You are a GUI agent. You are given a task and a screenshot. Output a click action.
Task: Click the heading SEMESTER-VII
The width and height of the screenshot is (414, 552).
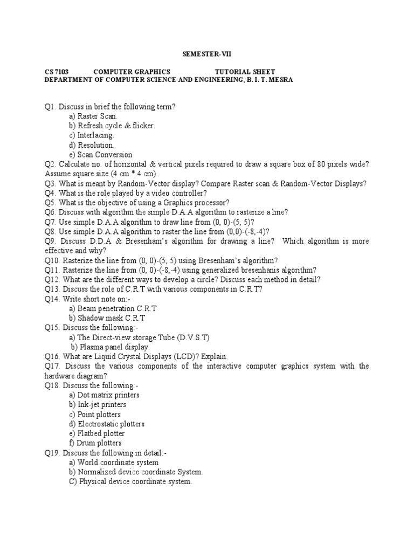207,54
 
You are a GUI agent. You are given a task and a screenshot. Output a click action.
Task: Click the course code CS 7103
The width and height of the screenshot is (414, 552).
56,72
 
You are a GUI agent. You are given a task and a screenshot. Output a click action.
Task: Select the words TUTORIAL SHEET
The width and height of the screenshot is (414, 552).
245,72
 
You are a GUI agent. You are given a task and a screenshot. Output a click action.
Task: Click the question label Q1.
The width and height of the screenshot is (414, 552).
50,107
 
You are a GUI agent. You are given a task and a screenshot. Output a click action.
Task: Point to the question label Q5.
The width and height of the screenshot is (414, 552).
50,203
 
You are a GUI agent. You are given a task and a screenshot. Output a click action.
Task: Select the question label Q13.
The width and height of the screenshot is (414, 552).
52,289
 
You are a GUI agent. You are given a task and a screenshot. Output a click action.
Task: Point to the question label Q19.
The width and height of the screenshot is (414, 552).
52,453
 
